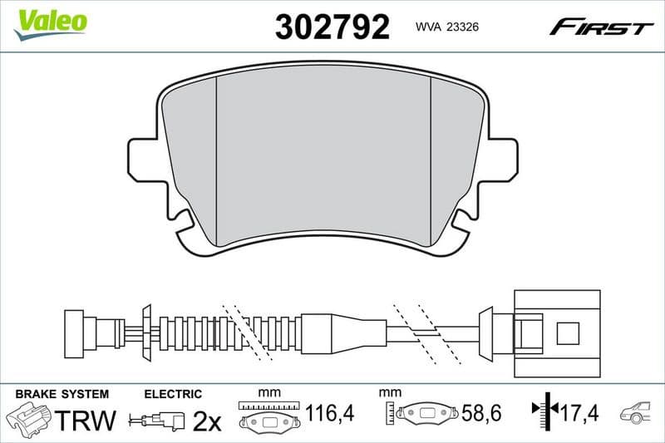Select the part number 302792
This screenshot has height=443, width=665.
click(x=332, y=27)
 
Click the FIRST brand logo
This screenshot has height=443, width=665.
click(x=601, y=27)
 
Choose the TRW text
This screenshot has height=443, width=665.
click(x=86, y=420)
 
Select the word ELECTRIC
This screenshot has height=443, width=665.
click(x=173, y=394)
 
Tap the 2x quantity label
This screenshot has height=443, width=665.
click(x=206, y=421)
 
